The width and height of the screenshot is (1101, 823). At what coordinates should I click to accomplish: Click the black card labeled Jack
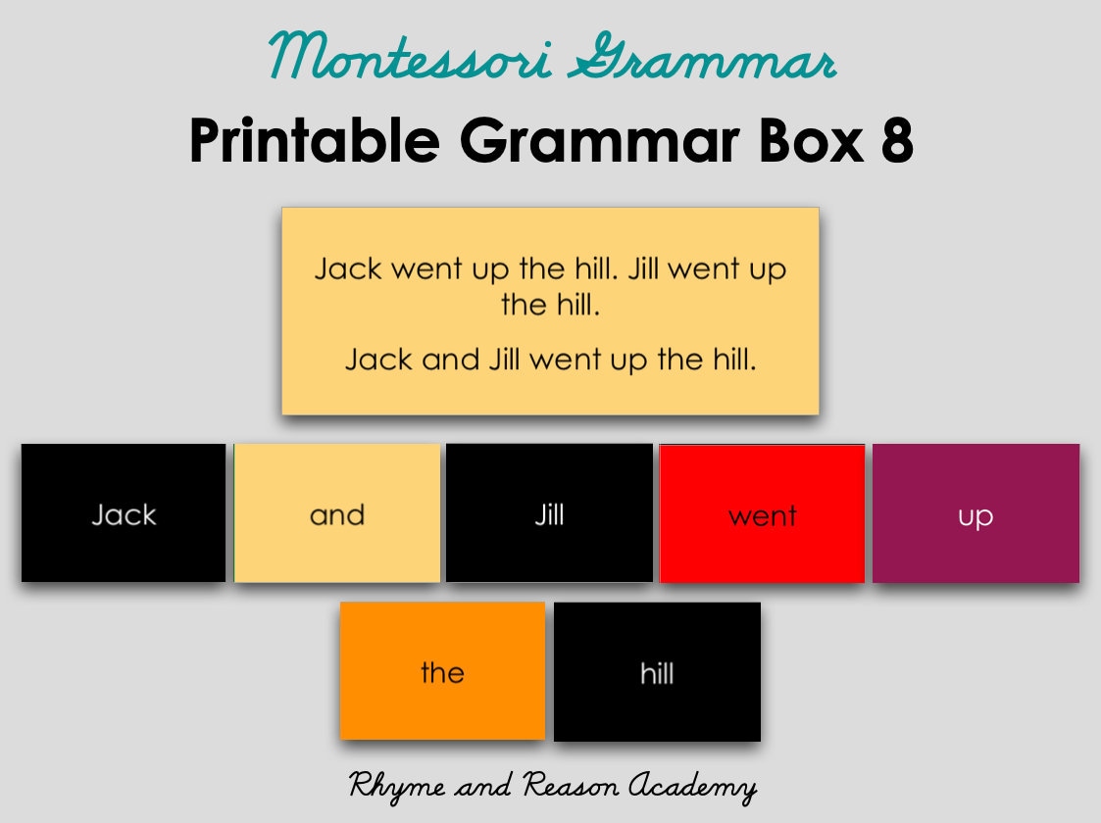(x=124, y=512)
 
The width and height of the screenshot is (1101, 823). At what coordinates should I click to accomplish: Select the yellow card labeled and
(x=337, y=512)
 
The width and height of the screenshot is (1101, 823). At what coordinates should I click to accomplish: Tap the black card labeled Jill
(x=549, y=512)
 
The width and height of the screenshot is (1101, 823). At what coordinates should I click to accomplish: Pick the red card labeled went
(x=762, y=512)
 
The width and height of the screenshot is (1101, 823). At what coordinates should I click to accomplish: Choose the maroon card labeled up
(x=976, y=512)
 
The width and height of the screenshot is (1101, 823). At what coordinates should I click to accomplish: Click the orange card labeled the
(x=442, y=671)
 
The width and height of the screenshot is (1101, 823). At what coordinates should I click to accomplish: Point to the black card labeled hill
(x=657, y=671)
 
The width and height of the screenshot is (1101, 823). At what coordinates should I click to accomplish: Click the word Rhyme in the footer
(x=389, y=786)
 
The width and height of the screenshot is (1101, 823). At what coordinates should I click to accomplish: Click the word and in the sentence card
(x=451, y=360)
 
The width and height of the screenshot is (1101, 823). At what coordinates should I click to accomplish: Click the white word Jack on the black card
(x=124, y=514)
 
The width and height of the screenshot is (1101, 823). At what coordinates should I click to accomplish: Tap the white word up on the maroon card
(x=976, y=516)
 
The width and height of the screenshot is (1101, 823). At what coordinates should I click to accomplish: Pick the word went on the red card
(x=762, y=515)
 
